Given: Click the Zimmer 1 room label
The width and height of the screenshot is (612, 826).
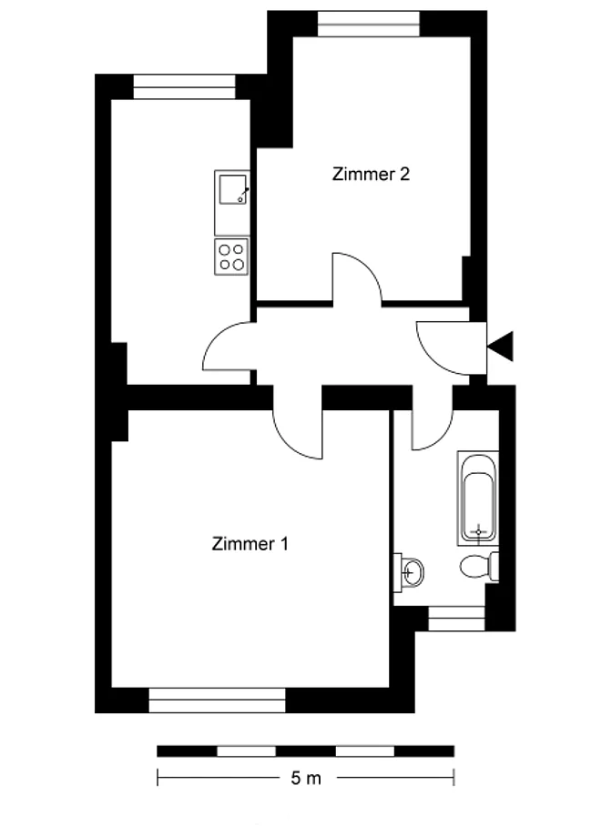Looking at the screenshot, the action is (250, 544).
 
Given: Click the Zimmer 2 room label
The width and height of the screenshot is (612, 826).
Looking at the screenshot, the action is (371, 174).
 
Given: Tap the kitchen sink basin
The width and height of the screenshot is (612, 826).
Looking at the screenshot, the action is (232, 189).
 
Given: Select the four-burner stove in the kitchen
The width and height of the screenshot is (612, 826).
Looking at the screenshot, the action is (231, 257).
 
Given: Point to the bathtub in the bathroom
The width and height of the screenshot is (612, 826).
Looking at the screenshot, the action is (478, 498).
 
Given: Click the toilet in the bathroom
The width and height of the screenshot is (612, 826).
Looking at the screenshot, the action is (479, 567).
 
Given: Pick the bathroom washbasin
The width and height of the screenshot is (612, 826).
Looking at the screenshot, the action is (409, 572).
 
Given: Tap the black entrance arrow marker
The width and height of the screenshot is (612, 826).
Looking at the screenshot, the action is (500, 347).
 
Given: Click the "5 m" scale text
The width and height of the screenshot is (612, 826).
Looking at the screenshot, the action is (306, 778).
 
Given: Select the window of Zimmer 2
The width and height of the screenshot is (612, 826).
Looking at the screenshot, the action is (369, 24).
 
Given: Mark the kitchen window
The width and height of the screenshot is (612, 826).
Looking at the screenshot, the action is (184, 87).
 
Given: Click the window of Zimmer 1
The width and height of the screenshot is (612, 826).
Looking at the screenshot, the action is (217, 700).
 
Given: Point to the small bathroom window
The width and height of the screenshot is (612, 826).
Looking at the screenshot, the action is (456, 619).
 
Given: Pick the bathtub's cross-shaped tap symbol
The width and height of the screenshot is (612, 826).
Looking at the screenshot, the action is (478, 531).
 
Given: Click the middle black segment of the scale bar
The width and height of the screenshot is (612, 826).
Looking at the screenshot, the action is (306, 751).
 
